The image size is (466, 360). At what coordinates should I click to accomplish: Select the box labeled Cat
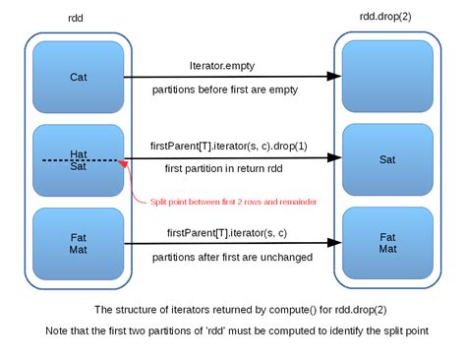click(x=78, y=77)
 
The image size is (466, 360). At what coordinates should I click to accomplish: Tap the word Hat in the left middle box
click(x=79, y=153)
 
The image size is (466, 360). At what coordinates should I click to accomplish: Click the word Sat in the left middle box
click(x=79, y=166)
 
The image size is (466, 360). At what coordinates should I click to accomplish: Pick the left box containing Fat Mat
click(x=78, y=243)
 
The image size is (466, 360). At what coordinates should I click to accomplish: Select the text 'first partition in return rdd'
click(x=225, y=169)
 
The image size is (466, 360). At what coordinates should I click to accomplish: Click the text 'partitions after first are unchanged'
click(x=232, y=257)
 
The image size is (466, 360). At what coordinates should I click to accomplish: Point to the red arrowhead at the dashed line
click(x=122, y=163)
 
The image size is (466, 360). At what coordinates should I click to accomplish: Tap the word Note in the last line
click(x=54, y=330)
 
